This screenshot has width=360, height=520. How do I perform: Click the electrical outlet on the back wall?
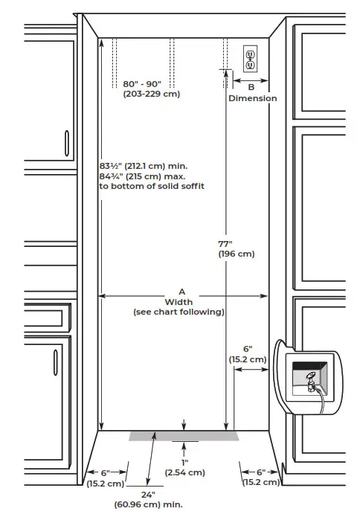251,59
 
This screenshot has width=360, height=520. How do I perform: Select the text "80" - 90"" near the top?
152,84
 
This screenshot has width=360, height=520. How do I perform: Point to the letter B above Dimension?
251,88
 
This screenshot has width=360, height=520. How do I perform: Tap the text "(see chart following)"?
179,312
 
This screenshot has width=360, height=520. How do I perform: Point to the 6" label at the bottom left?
104,472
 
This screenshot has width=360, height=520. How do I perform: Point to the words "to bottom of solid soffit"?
152,187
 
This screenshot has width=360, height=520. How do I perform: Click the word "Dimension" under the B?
252,98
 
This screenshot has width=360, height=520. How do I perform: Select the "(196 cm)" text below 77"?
236,254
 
